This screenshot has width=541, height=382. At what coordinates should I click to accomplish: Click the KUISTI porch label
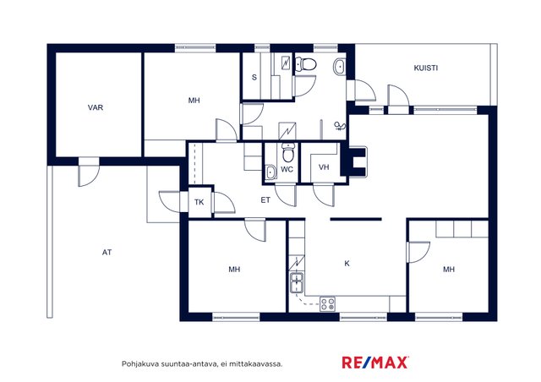coord(426,68)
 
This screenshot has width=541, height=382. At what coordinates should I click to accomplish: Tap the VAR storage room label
coord(96,107)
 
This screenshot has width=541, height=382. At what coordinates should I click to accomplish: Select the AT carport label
coord(107,253)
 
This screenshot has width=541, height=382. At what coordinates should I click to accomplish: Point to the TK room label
coord(199,202)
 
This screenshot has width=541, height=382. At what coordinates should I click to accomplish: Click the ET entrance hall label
coord(265,200)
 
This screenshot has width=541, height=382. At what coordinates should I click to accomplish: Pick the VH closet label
coord(324,167)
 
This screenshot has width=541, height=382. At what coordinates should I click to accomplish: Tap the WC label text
coord(287,169)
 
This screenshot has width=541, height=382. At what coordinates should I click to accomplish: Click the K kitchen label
coord(347,264)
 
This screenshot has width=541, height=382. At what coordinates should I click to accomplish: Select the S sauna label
coord(254,77)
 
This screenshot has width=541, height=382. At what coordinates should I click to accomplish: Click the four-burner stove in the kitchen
coord(327,304)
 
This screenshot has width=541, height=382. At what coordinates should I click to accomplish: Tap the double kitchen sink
coord(297,282)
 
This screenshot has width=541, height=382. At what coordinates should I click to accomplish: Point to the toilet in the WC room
coord(288,152)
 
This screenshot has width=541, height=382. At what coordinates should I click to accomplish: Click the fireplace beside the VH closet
coord(354,161)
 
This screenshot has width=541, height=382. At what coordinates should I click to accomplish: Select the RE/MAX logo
coord(375,363)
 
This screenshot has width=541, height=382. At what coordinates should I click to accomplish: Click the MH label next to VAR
coord(194,101)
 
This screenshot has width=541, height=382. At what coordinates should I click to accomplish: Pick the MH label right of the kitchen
coord(449,269)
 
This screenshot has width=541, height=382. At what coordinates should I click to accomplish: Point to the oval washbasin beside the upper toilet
coord(339,67)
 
